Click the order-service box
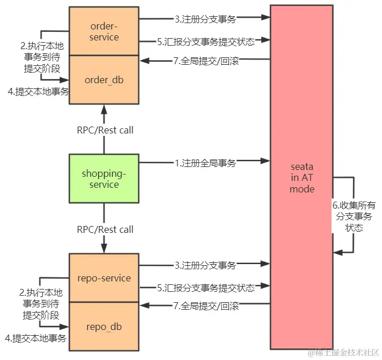[105, 31]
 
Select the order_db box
[105, 80]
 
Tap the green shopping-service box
[104, 179]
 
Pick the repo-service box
[104, 277]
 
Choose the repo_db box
[104, 326]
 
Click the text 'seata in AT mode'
[301, 177]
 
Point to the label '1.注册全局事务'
[205, 164]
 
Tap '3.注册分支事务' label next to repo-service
[205, 266]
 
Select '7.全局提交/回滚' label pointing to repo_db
[205, 305]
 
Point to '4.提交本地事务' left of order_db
[36, 91]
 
